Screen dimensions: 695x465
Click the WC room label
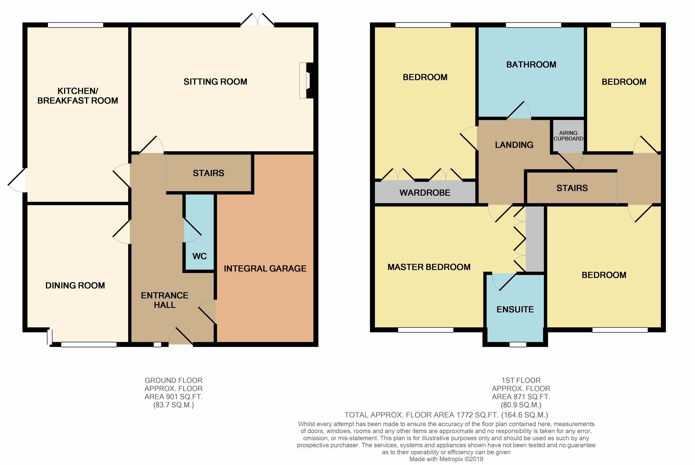[200, 256]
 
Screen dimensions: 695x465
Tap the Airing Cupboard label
[568, 136]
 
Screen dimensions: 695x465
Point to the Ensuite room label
[515, 309]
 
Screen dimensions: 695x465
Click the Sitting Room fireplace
[306, 80]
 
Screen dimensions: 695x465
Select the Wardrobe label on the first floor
[425, 193]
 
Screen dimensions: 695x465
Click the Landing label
[514, 145]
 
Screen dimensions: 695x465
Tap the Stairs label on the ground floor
[208, 173]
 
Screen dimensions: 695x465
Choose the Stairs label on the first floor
[572, 188]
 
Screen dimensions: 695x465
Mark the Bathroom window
[534, 25]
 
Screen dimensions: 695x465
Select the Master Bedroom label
[429, 267]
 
